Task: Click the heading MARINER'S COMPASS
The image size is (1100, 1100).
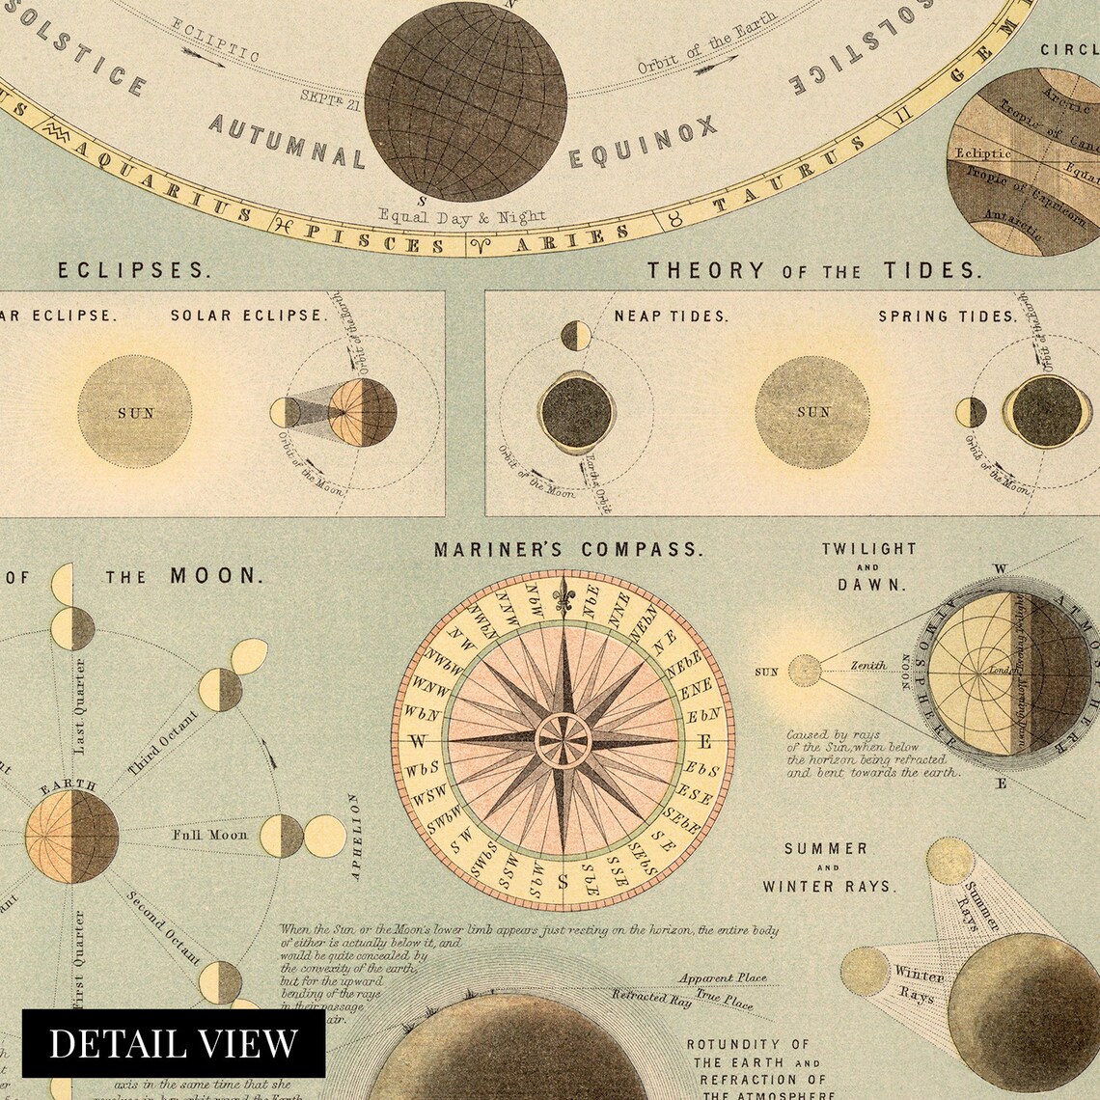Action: [x=567, y=550]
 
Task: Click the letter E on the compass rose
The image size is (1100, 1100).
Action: [x=704, y=742]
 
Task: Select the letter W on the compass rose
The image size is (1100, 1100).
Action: [x=419, y=742]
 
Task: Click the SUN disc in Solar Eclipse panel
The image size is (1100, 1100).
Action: [x=136, y=413]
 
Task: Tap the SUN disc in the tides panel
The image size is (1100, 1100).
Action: [x=812, y=413]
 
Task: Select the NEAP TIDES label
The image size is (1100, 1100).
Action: [x=672, y=316]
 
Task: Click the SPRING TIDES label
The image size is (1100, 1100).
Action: [x=948, y=316]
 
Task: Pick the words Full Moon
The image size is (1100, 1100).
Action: [x=210, y=835]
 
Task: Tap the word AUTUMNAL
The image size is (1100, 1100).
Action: [x=288, y=140]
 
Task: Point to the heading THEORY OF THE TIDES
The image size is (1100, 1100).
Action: [x=813, y=271]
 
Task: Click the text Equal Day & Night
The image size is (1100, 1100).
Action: [x=463, y=216]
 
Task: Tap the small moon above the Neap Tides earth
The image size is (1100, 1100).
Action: [x=576, y=335]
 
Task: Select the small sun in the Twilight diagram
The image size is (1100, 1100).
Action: [x=804, y=670]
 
